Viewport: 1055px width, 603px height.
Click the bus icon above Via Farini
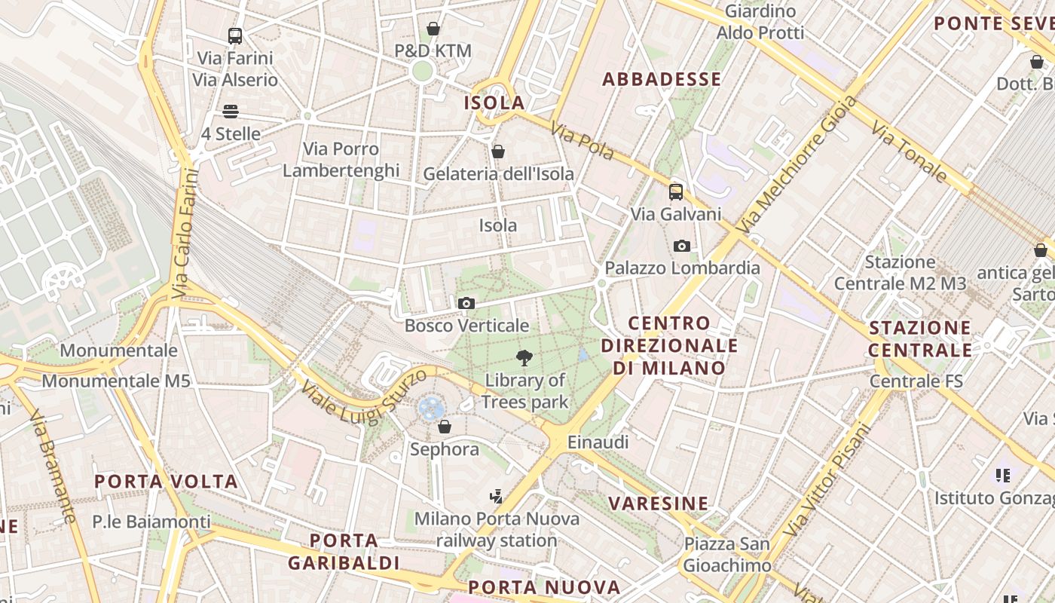coord(235,35)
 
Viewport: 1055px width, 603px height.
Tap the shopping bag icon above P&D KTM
coord(433,29)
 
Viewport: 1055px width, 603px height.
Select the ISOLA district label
coord(494,103)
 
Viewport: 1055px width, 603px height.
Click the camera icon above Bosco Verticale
coord(466,303)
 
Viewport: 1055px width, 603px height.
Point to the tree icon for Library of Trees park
coord(524,357)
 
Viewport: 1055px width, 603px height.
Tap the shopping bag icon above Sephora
coord(445,427)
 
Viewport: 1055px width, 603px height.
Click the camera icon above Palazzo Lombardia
coord(682,246)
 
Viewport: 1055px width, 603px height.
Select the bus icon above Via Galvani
coord(676,191)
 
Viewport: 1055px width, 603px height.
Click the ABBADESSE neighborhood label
coord(662,79)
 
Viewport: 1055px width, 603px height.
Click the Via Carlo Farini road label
coord(184,234)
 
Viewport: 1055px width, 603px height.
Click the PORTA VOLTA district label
coord(166,481)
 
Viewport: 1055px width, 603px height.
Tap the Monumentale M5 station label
coord(116,381)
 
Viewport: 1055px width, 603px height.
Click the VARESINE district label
coord(659,503)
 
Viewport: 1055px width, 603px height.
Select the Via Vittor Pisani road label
coord(827,481)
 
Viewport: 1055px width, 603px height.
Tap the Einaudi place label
coord(598,442)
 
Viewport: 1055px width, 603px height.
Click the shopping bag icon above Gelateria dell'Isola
coord(498,152)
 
